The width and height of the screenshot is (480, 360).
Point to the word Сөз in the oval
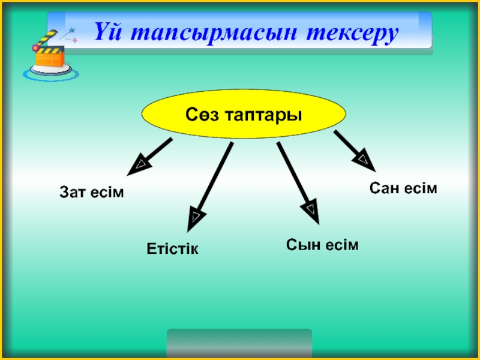click(x=202, y=114)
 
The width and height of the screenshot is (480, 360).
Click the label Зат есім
click(x=91, y=193)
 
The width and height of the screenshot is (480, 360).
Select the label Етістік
click(x=173, y=248)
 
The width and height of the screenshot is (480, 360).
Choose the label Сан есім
click(x=403, y=188)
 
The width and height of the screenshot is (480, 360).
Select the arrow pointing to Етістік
click(x=210, y=186)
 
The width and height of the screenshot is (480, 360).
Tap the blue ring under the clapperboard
click(x=50, y=74)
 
